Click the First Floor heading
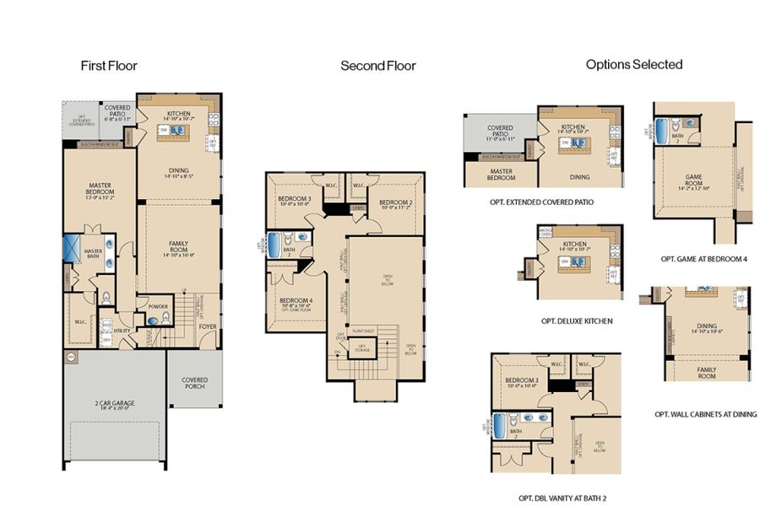coord(109,65)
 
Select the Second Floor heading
coord(377,65)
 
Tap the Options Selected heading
coord(633,64)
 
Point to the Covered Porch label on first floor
coord(194,383)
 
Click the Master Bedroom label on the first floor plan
coord(100,190)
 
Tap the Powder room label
coord(158,308)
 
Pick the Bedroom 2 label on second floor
coord(394,203)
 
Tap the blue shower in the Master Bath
coord(73,251)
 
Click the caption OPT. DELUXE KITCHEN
coord(576,320)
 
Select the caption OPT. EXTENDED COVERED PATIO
coord(541,202)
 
